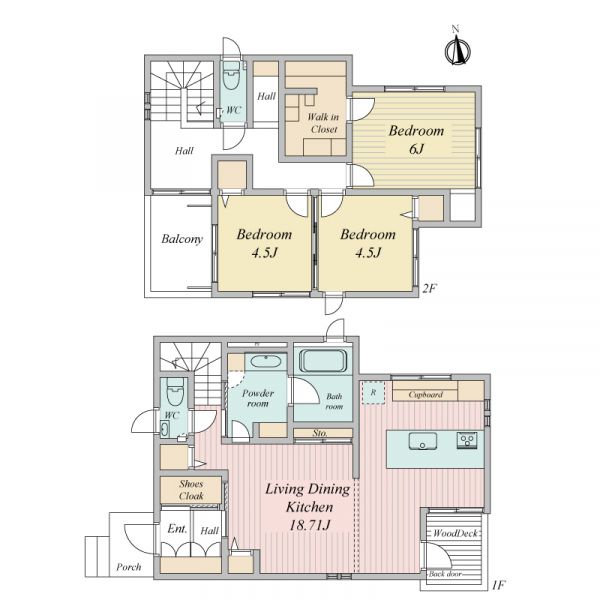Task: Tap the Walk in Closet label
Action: tap(323, 123)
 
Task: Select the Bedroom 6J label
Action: tap(416, 139)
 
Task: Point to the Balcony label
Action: tap(182, 239)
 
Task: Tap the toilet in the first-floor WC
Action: tap(175, 392)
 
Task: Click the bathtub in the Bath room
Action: tap(323, 360)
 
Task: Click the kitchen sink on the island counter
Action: tap(422, 441)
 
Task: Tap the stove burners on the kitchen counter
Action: tap(467, 440)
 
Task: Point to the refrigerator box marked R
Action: tap(373, 392)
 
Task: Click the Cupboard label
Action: tap(426, 395)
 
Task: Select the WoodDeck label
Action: tap(455, 533)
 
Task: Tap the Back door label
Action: tap(445, 574)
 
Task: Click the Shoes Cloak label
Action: tap(191, 490)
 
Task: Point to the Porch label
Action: tap(129, 567)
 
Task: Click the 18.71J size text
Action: tap(309, 525)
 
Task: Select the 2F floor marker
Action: tap(429, 288)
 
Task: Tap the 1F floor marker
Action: tap(499, 585)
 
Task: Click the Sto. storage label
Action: tap(320, 433)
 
